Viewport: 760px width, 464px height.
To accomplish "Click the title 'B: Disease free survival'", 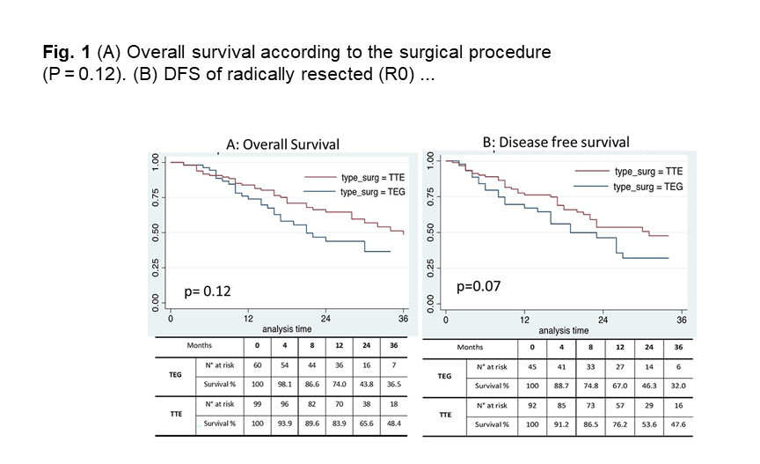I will coord(556,143).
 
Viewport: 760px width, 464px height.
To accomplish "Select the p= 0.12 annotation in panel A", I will coord(207,290).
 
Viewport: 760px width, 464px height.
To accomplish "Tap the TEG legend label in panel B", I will coord(648,187).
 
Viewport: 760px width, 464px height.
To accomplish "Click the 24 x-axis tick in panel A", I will coord(325,318).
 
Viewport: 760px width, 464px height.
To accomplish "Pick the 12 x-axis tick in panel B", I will coord(524,320).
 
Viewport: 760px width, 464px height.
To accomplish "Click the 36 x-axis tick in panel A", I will coord(403,318).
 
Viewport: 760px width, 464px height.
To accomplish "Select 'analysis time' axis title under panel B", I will coord(564,331).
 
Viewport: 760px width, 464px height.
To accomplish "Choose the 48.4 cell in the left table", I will coord(395,424).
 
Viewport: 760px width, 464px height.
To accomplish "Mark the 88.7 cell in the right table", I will coord(561,386).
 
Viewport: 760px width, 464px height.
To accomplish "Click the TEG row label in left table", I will coord(175,374).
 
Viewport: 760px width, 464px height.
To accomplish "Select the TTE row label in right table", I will coord(444,416).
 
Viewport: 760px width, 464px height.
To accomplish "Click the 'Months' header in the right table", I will coord(470,347).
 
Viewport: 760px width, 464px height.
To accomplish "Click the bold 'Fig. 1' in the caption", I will coord(66,52).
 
